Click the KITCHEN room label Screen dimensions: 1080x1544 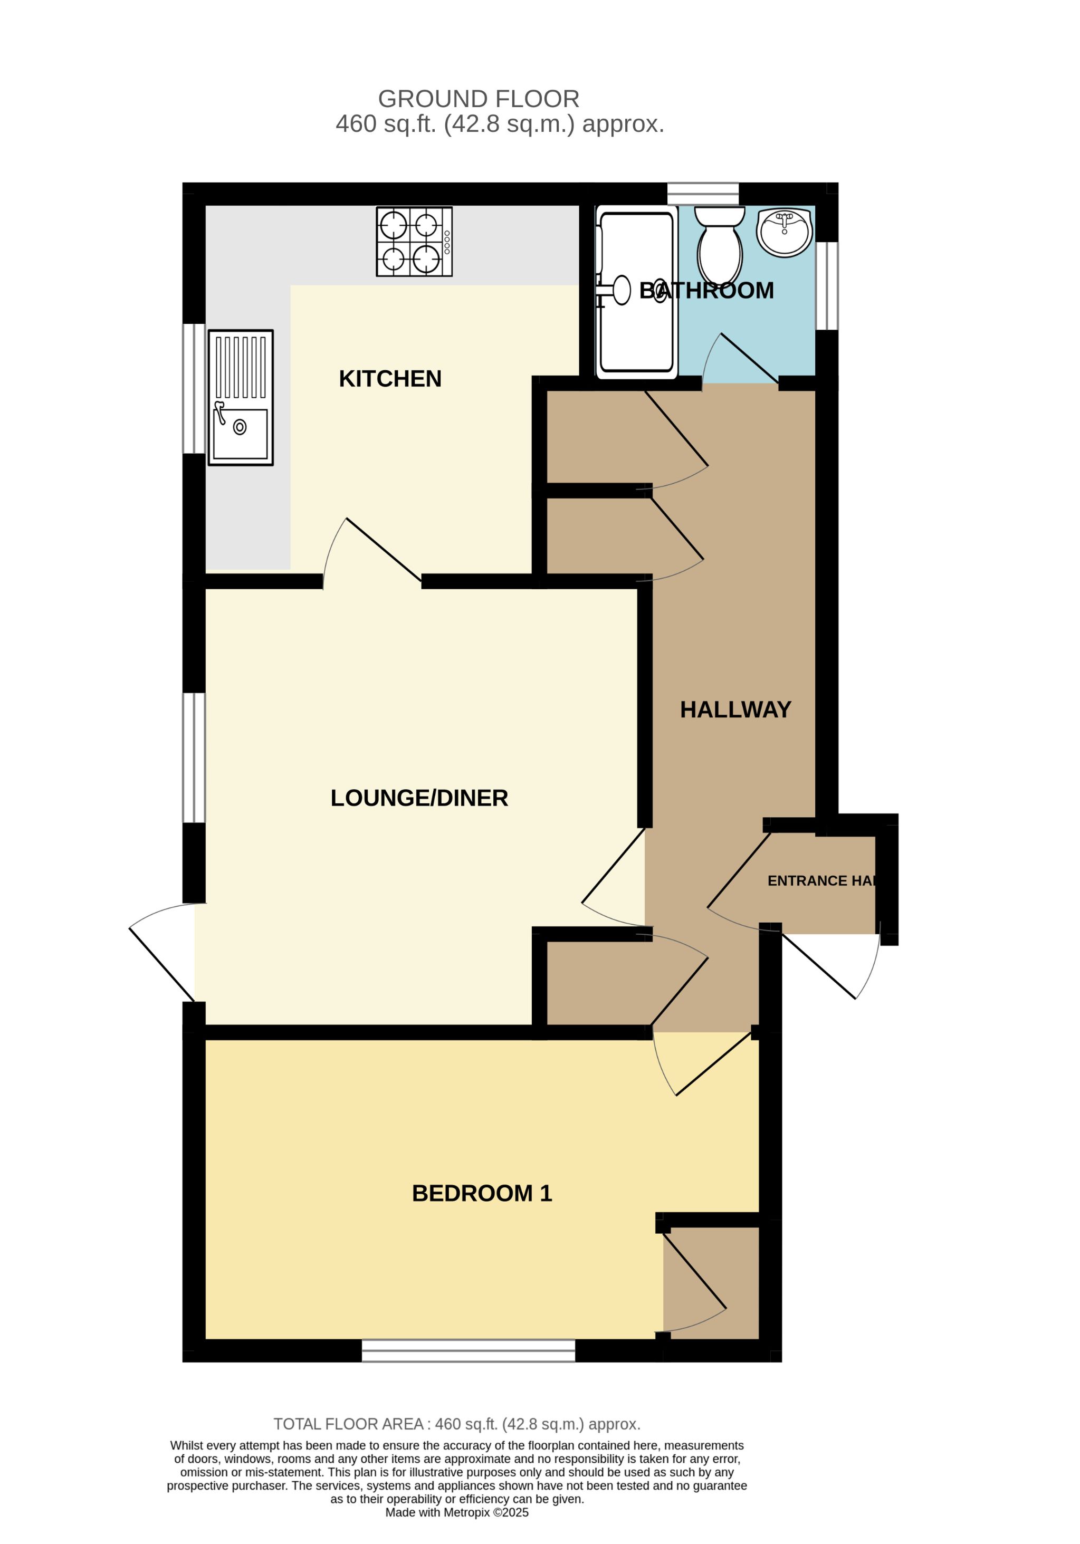click(390, 379)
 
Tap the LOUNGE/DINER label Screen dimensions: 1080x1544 click(419, 798)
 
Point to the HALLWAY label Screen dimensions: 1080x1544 click(735, 709)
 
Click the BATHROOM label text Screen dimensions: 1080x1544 click(706, 291)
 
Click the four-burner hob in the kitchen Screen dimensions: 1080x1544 click(414, 242)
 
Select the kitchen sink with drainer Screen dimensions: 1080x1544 click(241, 397)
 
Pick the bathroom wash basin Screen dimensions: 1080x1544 click(785, 232)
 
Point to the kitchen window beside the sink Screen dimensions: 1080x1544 click(194, 389)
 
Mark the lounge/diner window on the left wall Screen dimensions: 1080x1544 click(194, 758)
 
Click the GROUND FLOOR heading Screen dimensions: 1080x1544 click(479, 99)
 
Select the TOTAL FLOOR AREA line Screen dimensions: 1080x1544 click(456, 1424)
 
